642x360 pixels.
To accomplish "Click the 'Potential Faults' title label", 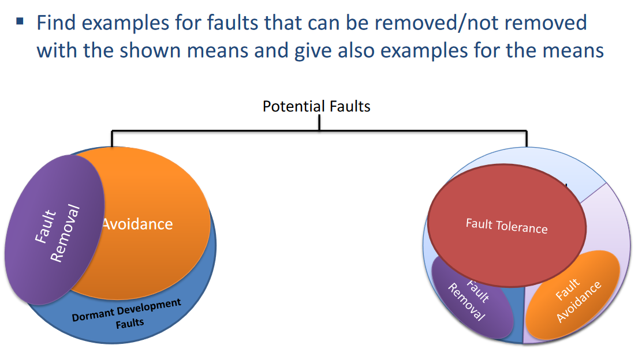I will click(316, 106).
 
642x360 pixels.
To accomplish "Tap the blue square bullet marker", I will click(20, 22).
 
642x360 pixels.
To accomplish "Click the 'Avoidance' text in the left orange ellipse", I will click(137, 224).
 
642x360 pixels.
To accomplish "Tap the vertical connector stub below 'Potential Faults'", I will click(319, 123).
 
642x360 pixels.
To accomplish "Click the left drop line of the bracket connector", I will click(111, 138).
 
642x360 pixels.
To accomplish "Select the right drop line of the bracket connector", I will click(527, 138).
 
